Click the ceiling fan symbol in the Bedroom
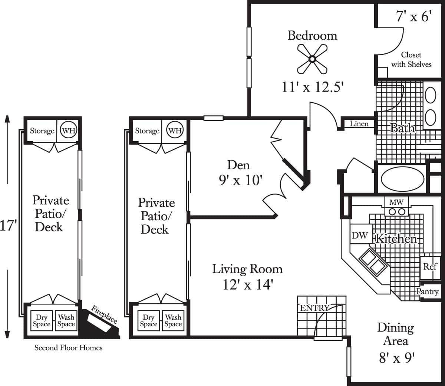click(x=312, y=59)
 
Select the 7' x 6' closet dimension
click(x=414, y=17)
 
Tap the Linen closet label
click(x=359, y=124)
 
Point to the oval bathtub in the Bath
click(x=402, y=180)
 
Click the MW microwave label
click(x=396, y=202)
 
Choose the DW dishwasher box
click(x=359, y=235)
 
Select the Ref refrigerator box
click(x=430, y=267)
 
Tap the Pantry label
click(x=427, y=292)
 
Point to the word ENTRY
click(x=314, y=308)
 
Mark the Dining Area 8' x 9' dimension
click(x=396, y=358)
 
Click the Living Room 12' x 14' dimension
click(x=248, y=284)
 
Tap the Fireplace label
click(x=104, y=314)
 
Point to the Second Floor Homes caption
click(x=68, y=348)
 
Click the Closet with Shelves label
click(x=411, y=59)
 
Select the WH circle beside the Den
click(x=175, y=131)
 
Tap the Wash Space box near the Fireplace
click(x=66, y=321)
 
